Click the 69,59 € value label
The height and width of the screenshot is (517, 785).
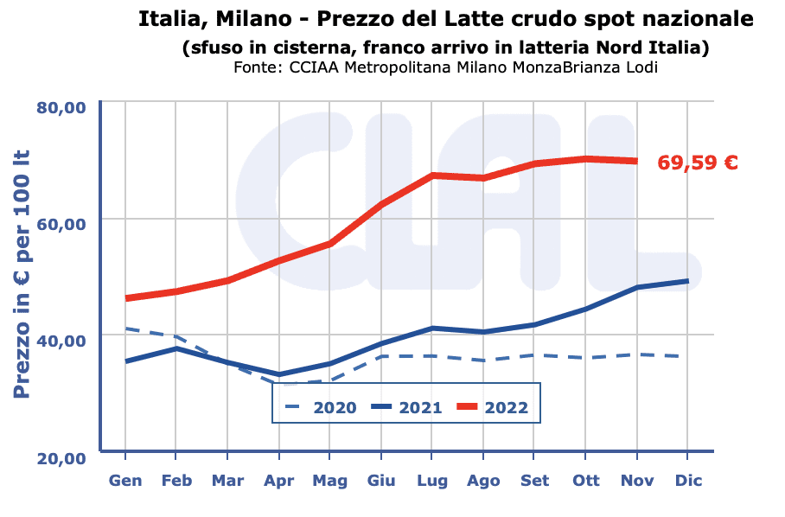pos(697,163)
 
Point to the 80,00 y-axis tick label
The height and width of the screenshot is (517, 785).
pos(61,107)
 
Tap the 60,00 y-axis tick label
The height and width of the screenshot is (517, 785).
pos(61,223)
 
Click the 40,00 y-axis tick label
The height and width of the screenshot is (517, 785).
pos(61,340)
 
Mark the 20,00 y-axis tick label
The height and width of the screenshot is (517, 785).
pos(61,457)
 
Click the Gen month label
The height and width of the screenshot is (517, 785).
pos(126,481)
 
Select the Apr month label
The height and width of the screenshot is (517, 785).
pos(278,481)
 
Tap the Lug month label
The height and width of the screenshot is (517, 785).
pos(432,481)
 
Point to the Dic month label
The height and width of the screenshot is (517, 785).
pos(687,481)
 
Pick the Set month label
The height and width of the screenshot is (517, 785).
pos(534,481)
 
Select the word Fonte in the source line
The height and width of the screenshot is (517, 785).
pos(254,67)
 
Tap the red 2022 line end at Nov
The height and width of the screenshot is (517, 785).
pos(636,161)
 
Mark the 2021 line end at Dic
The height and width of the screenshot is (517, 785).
pos(687,281)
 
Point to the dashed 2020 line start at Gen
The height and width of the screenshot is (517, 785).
pos(126,329)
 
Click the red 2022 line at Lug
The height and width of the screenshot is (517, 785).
pos(432,176)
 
